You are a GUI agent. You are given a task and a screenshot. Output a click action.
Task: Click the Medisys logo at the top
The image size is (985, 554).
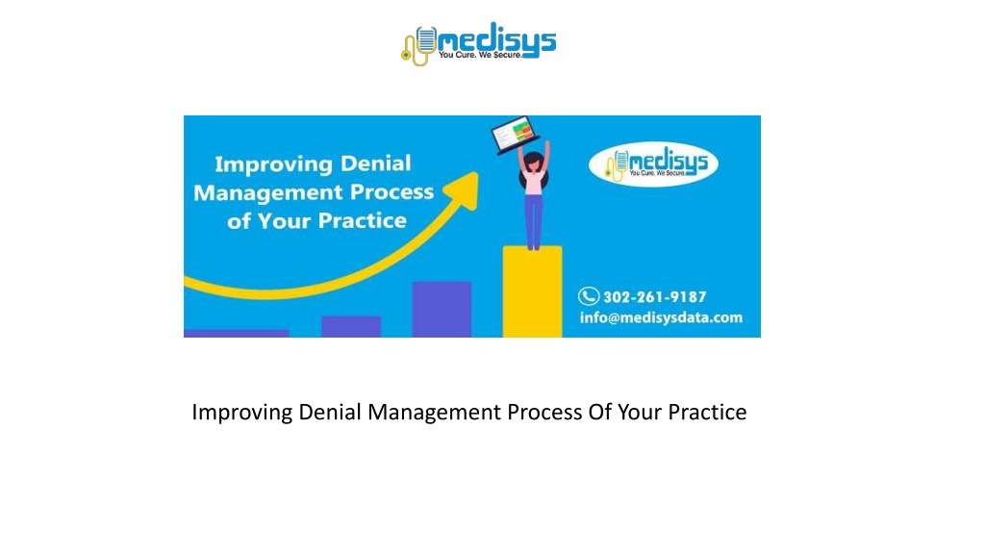(479, 43)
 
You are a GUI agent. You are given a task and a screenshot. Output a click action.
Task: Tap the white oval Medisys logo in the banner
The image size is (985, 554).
(653, 164)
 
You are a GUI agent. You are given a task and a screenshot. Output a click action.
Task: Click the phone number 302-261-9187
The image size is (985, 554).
(654, 296)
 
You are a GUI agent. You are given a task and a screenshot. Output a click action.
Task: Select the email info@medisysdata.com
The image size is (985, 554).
(661, 317)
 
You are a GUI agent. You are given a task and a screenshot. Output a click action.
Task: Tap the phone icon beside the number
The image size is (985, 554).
(589, 296)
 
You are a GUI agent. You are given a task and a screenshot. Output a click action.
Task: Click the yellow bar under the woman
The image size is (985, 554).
(532, 291)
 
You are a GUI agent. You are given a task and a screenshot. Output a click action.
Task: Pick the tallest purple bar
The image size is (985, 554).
(442, 309)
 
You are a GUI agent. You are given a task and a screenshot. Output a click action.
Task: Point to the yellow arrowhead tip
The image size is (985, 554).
(477, 174)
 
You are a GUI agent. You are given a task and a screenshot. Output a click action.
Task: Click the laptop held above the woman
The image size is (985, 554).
(515, 134)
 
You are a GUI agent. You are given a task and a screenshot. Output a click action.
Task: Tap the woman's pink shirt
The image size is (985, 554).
(533, 182)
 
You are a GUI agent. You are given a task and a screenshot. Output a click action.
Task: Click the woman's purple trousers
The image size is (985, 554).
(533, 220)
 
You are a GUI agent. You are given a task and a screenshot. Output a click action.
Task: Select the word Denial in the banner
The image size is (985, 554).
(376, 164)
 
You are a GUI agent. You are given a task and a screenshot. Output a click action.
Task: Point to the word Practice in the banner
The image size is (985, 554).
(362, 220)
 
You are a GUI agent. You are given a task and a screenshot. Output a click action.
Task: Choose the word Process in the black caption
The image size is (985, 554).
(544, 412)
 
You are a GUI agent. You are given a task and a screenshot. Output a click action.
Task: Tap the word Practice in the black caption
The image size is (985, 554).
(707, 412)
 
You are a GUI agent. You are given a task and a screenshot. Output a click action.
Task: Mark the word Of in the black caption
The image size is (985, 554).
(599, 412)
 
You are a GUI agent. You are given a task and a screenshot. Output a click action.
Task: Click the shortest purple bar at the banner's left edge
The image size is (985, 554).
(237, 334)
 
